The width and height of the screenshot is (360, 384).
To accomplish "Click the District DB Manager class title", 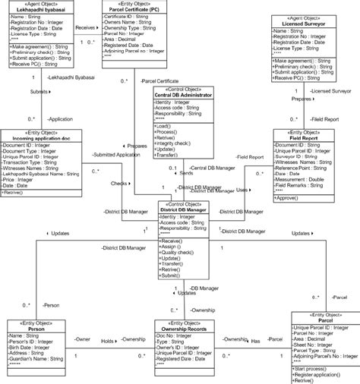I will click(186, 209).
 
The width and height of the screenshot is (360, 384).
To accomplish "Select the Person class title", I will click(36, 329).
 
